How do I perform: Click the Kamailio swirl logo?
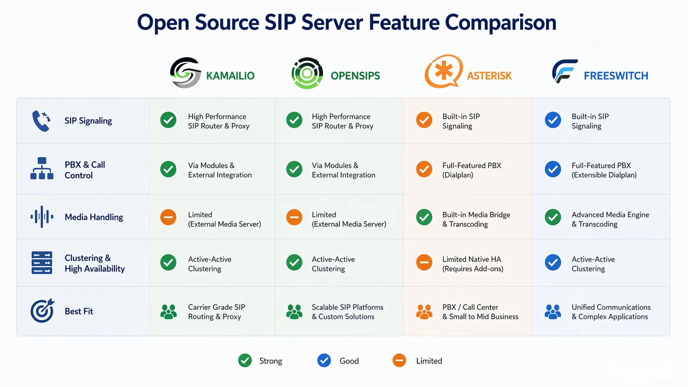click(x=185, y=73)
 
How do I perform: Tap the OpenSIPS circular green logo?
click(x=307, y=73)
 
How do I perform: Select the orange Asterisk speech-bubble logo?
click(x=443, y=72)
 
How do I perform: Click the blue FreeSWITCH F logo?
click(x=564, y=72)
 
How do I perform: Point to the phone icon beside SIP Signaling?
click(x=41, y=121)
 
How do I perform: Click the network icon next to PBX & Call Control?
click(x=42, y=169)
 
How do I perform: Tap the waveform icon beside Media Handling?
click(x=42, y=217)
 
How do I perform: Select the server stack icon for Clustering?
click(x=42, y=263)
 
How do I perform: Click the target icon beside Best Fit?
click(x=42, y=311)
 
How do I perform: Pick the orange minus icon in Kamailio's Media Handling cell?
click(x=168, y=217)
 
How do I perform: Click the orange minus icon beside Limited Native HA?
click(x=424, y=262)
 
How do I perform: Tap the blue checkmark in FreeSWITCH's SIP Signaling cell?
click(x=553, y=120)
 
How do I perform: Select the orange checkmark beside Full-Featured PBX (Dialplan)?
click(x=424, y=169)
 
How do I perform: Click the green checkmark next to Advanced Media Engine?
click(x=553, y=217)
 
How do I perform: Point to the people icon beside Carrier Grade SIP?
click(x=168, y=312)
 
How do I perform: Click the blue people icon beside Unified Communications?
click(x=553, y=312)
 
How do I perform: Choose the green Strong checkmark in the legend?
click(x=245, y=361)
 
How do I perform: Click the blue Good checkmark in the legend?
click(x=324, y=361)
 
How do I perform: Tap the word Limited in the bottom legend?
click(x=429, y=361)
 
